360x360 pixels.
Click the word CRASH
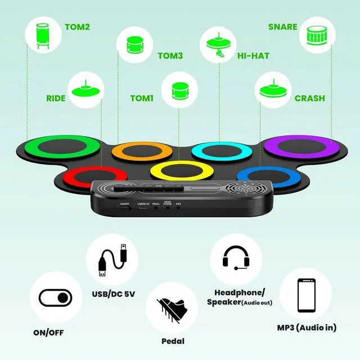309,98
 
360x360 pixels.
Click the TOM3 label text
170,56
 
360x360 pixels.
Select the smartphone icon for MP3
306,295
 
